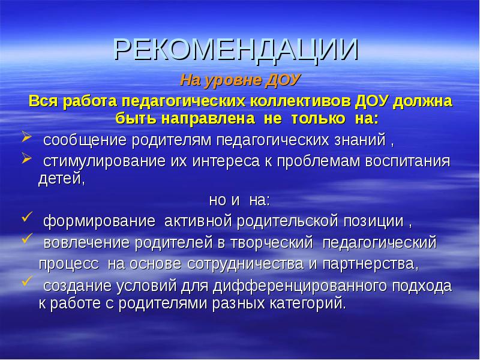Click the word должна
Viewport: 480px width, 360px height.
point(424,100)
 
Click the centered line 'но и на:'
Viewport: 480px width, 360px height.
point(239,200)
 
